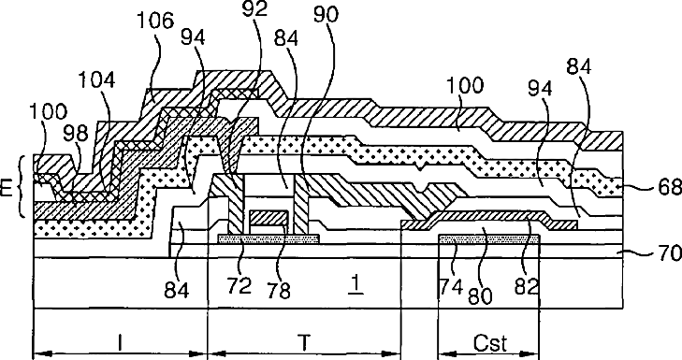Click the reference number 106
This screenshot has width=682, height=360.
155,21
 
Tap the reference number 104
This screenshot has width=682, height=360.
96,80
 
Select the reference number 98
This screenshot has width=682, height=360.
76,135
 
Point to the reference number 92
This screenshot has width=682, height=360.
254,8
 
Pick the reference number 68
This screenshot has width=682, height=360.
670,187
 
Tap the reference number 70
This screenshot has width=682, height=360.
670,252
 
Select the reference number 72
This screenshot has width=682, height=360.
239,285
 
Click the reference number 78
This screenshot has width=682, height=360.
279,290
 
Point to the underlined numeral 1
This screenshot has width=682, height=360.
356,284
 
